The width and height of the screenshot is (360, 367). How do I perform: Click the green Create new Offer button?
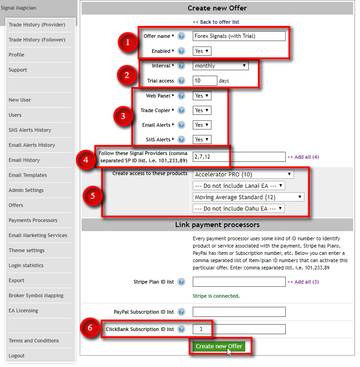point(219,346)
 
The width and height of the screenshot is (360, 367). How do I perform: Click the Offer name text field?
point(239,36)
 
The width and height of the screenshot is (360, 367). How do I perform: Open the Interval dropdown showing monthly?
point(221,66)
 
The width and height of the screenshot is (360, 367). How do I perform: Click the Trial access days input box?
point(205,81)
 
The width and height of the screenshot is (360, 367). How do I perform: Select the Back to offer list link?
point(216,22)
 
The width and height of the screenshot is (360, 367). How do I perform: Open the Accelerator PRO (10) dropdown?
point(243,174)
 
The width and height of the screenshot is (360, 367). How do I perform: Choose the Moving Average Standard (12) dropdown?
point(248,197)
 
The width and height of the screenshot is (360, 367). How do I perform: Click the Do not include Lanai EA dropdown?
point(239,186)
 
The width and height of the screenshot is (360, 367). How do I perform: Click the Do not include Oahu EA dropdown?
point(239,208)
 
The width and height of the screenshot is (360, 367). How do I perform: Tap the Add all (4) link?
point(303,157)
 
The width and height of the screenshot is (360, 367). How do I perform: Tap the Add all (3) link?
point(303,282)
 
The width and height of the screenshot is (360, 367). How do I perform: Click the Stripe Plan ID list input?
point(239,282)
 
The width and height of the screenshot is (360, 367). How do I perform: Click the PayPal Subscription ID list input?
point(239,312)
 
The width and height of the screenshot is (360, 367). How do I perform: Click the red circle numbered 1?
point(128,43)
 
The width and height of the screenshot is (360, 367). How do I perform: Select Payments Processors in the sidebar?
point(33,220)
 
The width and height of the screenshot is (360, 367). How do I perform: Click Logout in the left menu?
point(16,356)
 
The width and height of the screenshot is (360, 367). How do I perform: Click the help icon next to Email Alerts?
point(181,125)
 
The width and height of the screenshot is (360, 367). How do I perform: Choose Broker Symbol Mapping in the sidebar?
point(36,295)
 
